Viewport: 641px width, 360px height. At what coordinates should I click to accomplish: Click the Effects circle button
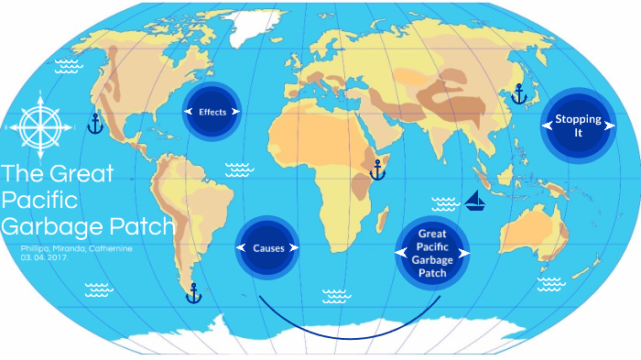(212, 112)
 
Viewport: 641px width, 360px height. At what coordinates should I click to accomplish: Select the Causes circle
(267, 247)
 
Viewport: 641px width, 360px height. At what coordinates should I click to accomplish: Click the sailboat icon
(474, 201)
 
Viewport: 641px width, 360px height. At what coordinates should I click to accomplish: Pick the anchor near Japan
(519, 93)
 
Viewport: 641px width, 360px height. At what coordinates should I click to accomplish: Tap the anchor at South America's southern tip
(193, 293)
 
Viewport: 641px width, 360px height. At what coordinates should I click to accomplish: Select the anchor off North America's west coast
(94, 124)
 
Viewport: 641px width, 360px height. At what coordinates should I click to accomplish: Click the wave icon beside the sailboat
(445, 203)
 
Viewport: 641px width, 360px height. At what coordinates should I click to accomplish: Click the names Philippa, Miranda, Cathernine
(75, 248)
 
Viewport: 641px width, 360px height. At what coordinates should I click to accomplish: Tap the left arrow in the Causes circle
(240, 248)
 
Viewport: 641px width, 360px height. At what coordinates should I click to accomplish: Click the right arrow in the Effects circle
(236, 112)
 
